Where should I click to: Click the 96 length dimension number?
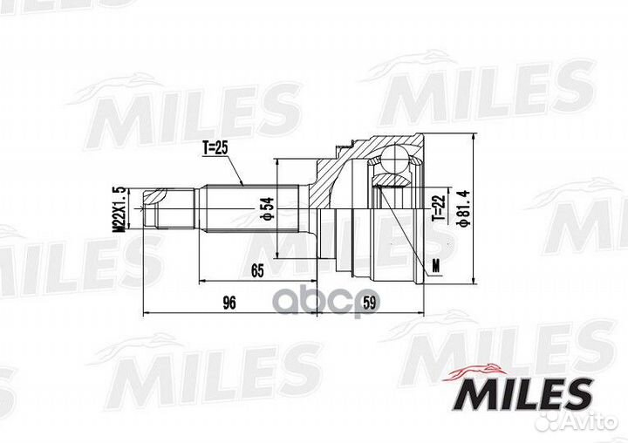pos(229,303)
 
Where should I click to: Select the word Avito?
pos(597,426)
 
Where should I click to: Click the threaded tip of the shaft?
pos(157,210)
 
